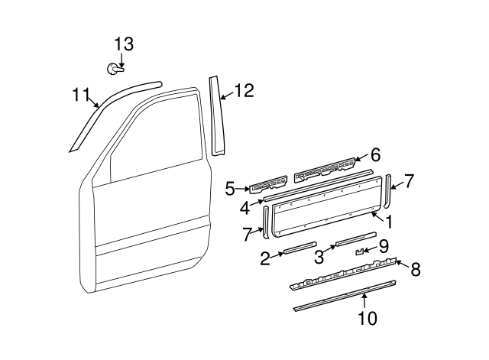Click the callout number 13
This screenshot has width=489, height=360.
coord(123,44)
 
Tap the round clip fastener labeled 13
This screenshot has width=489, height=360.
coord(115,70)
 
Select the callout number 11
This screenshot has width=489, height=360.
coord(81,95)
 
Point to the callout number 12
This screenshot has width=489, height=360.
coord(243,91)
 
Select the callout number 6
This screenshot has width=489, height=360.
coord(374,154)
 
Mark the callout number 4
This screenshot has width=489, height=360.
coord(244,207)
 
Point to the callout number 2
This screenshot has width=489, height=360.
coord(265,258)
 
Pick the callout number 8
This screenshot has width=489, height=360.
coord(416,268)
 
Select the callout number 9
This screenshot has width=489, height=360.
coord(384,245)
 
